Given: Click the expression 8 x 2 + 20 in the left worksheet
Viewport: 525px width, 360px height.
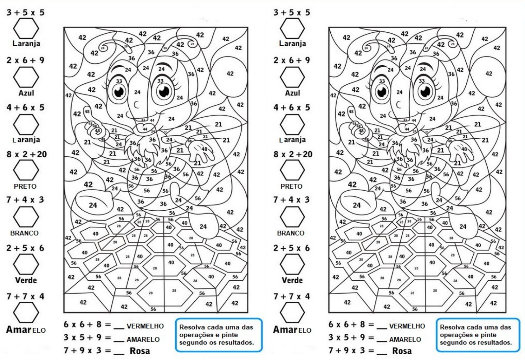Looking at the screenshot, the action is pos(27,154).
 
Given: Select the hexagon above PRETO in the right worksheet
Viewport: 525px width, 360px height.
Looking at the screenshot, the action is pos(292,170).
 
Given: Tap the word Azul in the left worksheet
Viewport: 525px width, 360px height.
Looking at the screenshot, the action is pos(26,93).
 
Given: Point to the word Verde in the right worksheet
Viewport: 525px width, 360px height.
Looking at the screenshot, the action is pos(292,280).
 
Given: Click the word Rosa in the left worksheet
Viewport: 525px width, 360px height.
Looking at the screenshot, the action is pos(140,351).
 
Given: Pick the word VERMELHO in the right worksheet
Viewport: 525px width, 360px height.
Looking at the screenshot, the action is pos(407,326).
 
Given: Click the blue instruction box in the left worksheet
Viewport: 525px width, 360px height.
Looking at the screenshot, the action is pos(219,335).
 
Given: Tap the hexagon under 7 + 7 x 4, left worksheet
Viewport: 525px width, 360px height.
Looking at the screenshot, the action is pos(26,312).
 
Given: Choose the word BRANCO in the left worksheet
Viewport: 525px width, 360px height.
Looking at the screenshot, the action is pos(24,233).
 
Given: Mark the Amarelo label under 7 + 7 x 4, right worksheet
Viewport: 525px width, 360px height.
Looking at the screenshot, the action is pos(292,330).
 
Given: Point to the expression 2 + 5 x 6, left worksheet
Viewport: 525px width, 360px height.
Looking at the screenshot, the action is pos(25,248).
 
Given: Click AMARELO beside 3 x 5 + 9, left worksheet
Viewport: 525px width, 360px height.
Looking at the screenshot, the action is pos(143,339).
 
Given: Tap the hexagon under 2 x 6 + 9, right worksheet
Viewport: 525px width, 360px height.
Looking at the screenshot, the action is pos(292,77).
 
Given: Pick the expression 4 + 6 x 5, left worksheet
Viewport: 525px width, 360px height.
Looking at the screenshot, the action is pos(25,108).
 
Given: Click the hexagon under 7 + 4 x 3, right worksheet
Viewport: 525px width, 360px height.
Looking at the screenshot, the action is pos(292,217).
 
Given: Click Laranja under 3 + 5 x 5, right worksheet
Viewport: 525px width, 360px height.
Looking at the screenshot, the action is pos(292,43).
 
